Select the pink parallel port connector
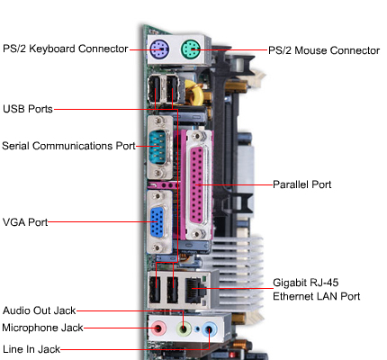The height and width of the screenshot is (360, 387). click(198, 184)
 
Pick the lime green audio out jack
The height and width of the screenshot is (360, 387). click(184, 329)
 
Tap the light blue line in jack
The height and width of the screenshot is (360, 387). click(210, 329)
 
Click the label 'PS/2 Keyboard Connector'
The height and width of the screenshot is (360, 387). click(64, 49)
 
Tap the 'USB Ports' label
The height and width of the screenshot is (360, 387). click(27, 109)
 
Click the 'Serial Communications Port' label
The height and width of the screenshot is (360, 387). click(68, 145)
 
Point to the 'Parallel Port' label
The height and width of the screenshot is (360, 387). click(302, 184)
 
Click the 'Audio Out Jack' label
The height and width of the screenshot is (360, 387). click(40, 309)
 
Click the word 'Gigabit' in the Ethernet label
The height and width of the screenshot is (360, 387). click(292, 281)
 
